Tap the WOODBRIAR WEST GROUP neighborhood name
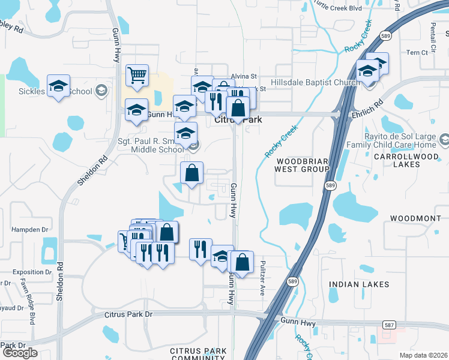(x=303, y=166)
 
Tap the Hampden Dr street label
(x=29, y=230)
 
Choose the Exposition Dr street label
(x=32, y=272)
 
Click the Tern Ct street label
(x=417, y=53)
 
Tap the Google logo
(x=20, y=353)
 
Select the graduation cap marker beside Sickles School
(x=58, y=86)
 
